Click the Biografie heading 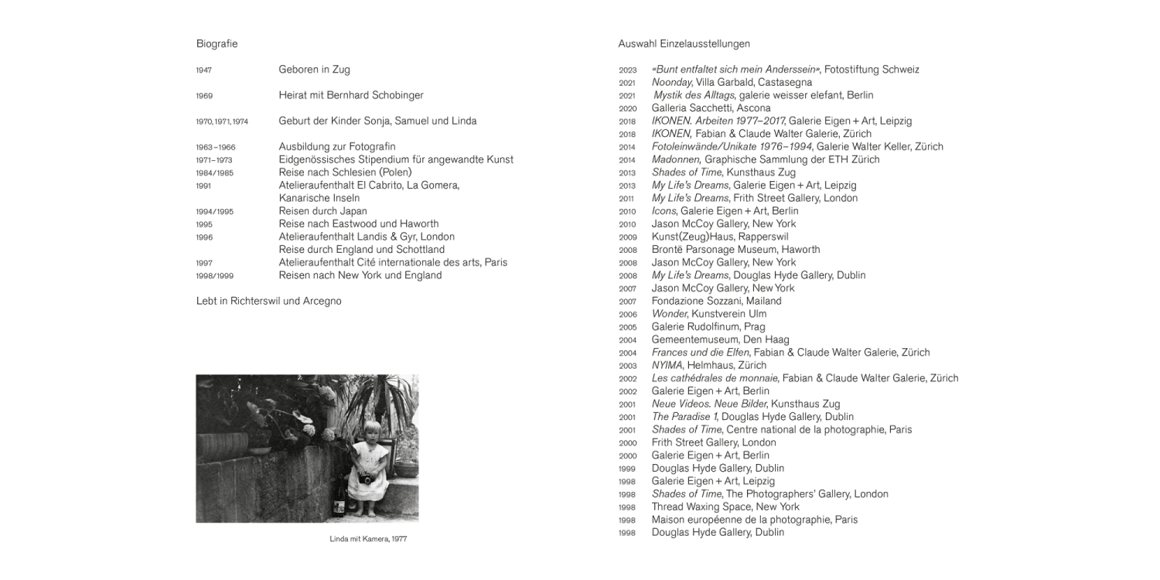[217, 44]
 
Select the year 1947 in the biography [204, 70]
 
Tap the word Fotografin [370, 147]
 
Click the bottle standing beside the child [339, 507]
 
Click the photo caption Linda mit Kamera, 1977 [367, 539]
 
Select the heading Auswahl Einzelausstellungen [684, 44]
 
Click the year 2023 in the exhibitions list [627, 70]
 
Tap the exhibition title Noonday [671, 82]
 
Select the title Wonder [669, 314]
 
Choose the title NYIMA [667, 365]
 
